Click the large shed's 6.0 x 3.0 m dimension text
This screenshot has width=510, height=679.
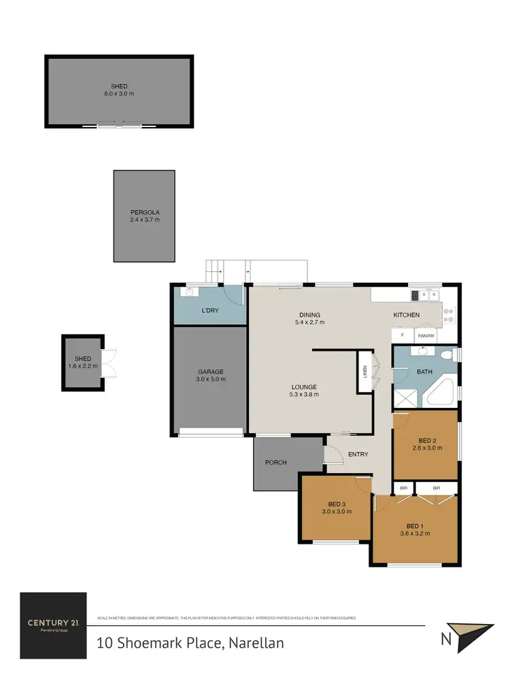[x=119, y=94]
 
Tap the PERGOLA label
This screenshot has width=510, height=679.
[x=144, y=211]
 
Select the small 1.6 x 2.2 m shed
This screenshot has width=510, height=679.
[x=82, y=362]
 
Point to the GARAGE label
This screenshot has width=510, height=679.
[x=210, y=372]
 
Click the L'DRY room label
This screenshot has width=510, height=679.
[x=209, y=311]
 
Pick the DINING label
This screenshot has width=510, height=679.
[x=309, y=315]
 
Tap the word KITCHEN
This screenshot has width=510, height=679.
[x=407, y=315]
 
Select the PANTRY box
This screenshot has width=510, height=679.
[x=426, y=336]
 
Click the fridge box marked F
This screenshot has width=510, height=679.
[x=402, y=336]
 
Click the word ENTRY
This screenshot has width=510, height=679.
[x=358, y=454]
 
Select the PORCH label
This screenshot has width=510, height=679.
[x=275, y=462]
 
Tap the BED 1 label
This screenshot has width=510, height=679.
[x=415, y=525]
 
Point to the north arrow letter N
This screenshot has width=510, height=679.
[x=445, y=639]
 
